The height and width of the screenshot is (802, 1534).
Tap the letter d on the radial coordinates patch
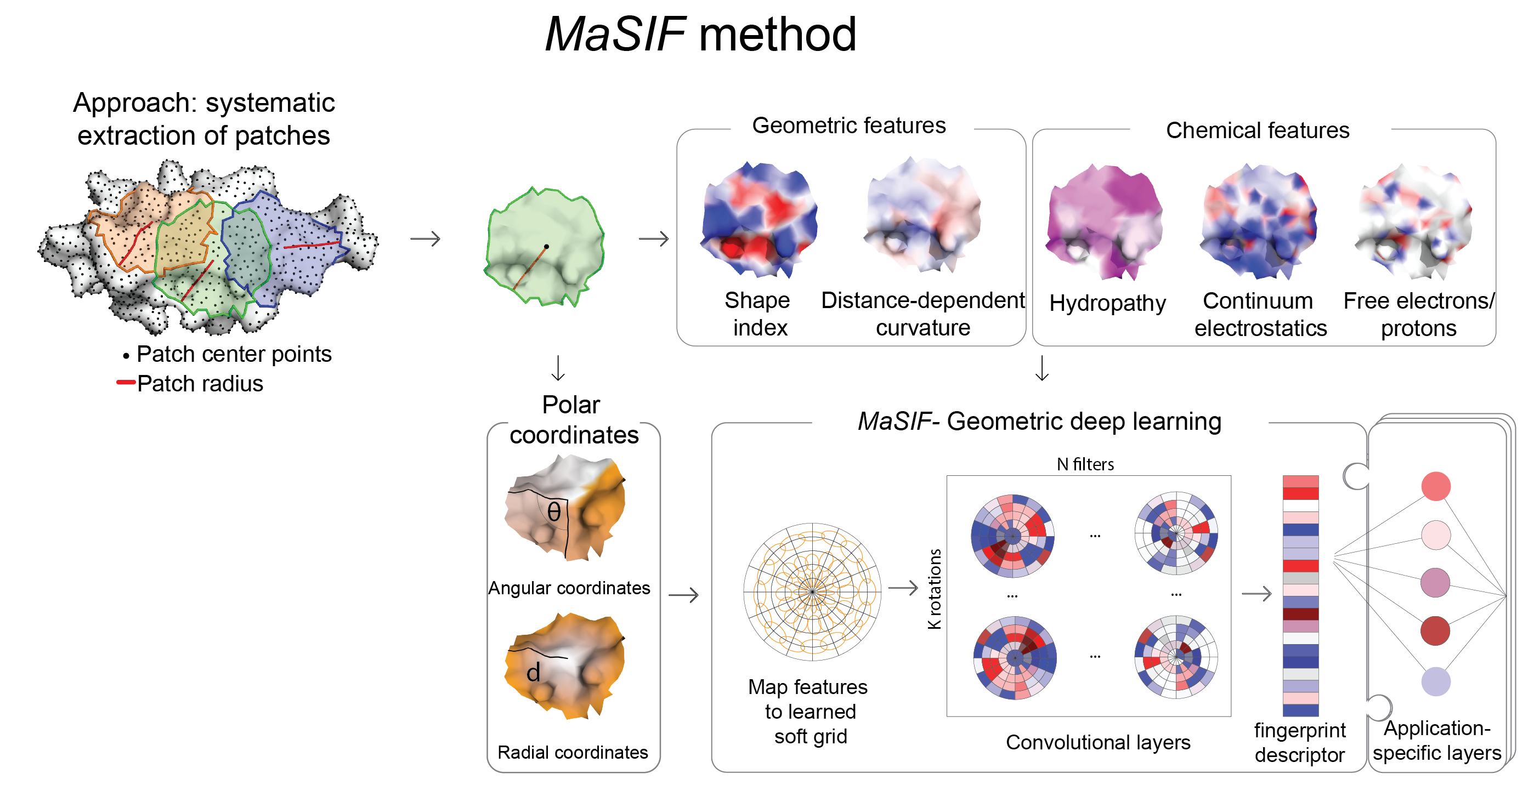533,673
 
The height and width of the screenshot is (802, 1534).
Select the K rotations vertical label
935,589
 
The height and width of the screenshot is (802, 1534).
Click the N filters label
1085,464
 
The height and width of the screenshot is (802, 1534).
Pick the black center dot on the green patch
546,247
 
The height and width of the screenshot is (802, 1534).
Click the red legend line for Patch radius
126,382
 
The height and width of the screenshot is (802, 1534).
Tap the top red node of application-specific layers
1436,486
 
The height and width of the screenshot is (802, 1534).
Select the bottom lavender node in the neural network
1436,681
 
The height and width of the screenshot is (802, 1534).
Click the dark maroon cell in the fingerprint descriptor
1300,614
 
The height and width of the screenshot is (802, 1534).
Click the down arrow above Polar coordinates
558,367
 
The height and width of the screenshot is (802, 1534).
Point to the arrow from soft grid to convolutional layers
903,588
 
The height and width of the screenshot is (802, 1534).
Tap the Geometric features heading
848,126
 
